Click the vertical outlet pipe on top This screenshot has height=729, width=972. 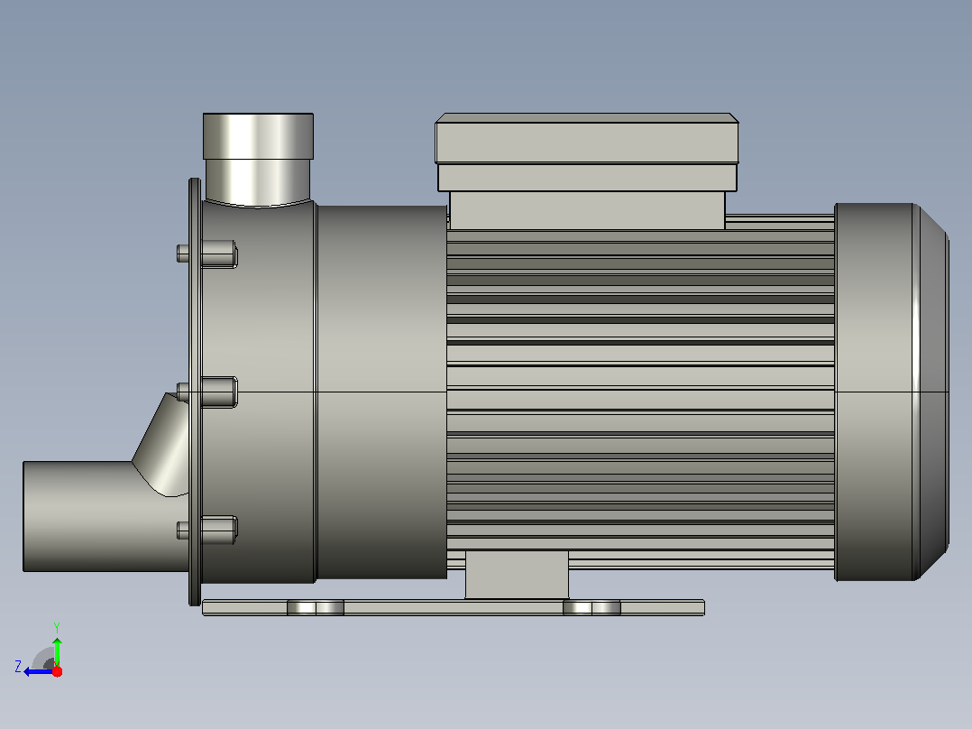pos(258,159)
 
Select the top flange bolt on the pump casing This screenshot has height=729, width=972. pos(207,254)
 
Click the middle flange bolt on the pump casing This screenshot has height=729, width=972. pos(207,392)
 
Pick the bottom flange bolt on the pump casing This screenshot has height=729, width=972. pos(207,530)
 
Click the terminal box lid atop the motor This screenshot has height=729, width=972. pos(586,138)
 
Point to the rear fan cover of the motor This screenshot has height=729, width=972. pos(892,392)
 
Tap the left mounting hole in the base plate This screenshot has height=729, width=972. pos(316,607)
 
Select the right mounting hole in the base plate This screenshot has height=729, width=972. pos(591,607)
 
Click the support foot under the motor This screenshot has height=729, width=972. pos(517,575)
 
